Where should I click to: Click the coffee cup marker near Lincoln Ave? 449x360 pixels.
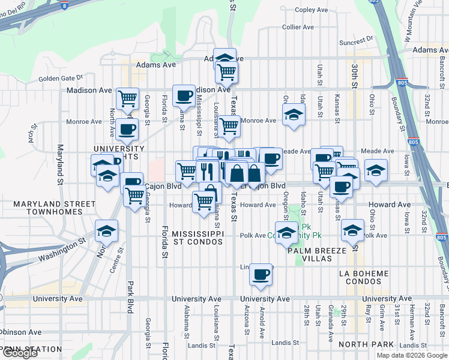point(261,275)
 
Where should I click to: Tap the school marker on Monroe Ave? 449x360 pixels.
point(293,115)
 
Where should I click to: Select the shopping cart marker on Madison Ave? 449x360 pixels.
point(127,98)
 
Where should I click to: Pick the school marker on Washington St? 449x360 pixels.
point(106,231)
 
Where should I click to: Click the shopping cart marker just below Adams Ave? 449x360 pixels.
point(227,73)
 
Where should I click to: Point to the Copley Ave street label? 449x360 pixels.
point(312,10)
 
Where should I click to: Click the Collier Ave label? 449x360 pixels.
point(298,27)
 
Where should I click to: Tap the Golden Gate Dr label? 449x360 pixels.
point(60,78)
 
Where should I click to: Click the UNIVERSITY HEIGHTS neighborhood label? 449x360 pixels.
point(119,152)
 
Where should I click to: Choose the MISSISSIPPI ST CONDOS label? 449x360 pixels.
point(197,237)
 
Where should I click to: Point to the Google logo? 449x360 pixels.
point(20,352)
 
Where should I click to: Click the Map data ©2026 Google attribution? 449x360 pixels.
point(412,355)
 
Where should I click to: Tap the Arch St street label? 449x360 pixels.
point(30,137)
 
